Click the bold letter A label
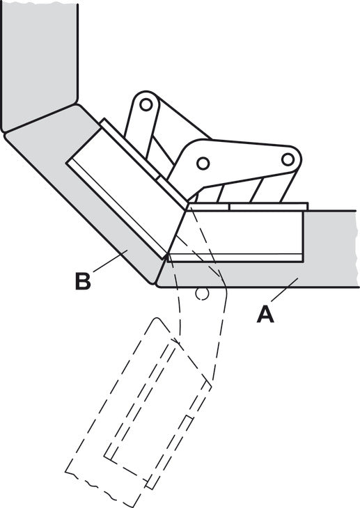pyautogui.click(x=265, y=315)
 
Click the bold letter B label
pyautogui.click(x=83, y=281)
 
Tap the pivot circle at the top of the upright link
pyautogui.click(x=146, y=104)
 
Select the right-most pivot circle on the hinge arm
pyautogui.click(x=288, y=159)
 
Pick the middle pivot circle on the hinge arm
pyautogui.click(x=203, y=163)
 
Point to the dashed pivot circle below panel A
pyautogui.click(x=201, y=293)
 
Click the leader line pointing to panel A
pyautogui.click(x=284, y=290)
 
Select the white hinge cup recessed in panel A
pyautogui.click(x=236, y=236)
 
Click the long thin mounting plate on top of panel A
pyautogui.click(x=269, y=207)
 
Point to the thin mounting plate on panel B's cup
pyautogui.click(x=144, y=164)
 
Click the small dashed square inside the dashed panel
pyautogui.click(x=189, y=420)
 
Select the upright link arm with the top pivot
pyautogui.click(x=143, y=127)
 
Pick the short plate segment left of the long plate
pyautogui.click(x=209, y=207)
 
